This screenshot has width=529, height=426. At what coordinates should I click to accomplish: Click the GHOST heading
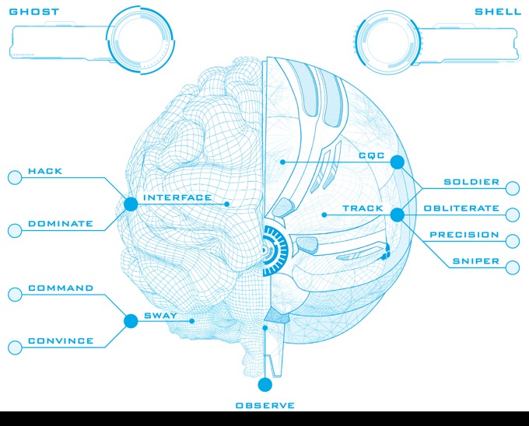click(33, 12)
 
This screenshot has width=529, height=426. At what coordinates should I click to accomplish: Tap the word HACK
click(45, 171)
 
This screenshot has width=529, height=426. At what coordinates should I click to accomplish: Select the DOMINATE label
click(61, 224)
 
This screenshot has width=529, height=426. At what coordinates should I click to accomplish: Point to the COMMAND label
click(61, 288)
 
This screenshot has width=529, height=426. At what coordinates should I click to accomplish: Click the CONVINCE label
click(61, 340)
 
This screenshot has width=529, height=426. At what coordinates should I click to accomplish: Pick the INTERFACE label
click(177, 197)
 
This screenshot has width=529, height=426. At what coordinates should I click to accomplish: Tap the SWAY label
click(160, 316)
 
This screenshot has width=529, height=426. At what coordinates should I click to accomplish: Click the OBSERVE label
click(265, 405)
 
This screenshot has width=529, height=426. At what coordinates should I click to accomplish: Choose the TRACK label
click(363, 208)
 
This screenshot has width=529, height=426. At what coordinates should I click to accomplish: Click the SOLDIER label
click(471, 182)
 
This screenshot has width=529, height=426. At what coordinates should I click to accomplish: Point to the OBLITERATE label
click(461, 208)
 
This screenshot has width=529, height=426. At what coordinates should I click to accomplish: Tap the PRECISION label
click(464, 235)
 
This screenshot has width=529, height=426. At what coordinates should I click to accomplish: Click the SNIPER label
click(476, 261)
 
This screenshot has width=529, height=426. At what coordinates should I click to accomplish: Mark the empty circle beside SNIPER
click(513, 267)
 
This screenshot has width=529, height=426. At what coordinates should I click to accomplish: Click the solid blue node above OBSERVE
click(264, 384)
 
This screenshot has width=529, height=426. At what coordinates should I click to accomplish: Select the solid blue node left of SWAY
click(131, 320)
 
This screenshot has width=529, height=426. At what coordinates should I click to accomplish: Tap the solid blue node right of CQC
click(397, 162)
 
